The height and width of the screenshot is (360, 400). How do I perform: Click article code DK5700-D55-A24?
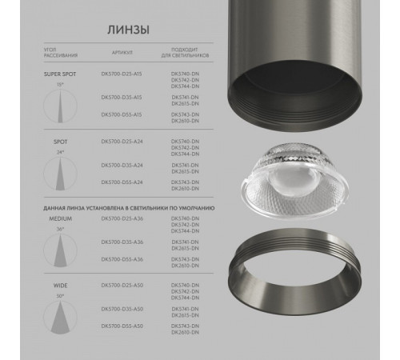point(123,182)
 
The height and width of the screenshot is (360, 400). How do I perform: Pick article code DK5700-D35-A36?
point(123,241)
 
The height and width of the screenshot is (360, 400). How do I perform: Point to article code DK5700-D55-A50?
point(123,327)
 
